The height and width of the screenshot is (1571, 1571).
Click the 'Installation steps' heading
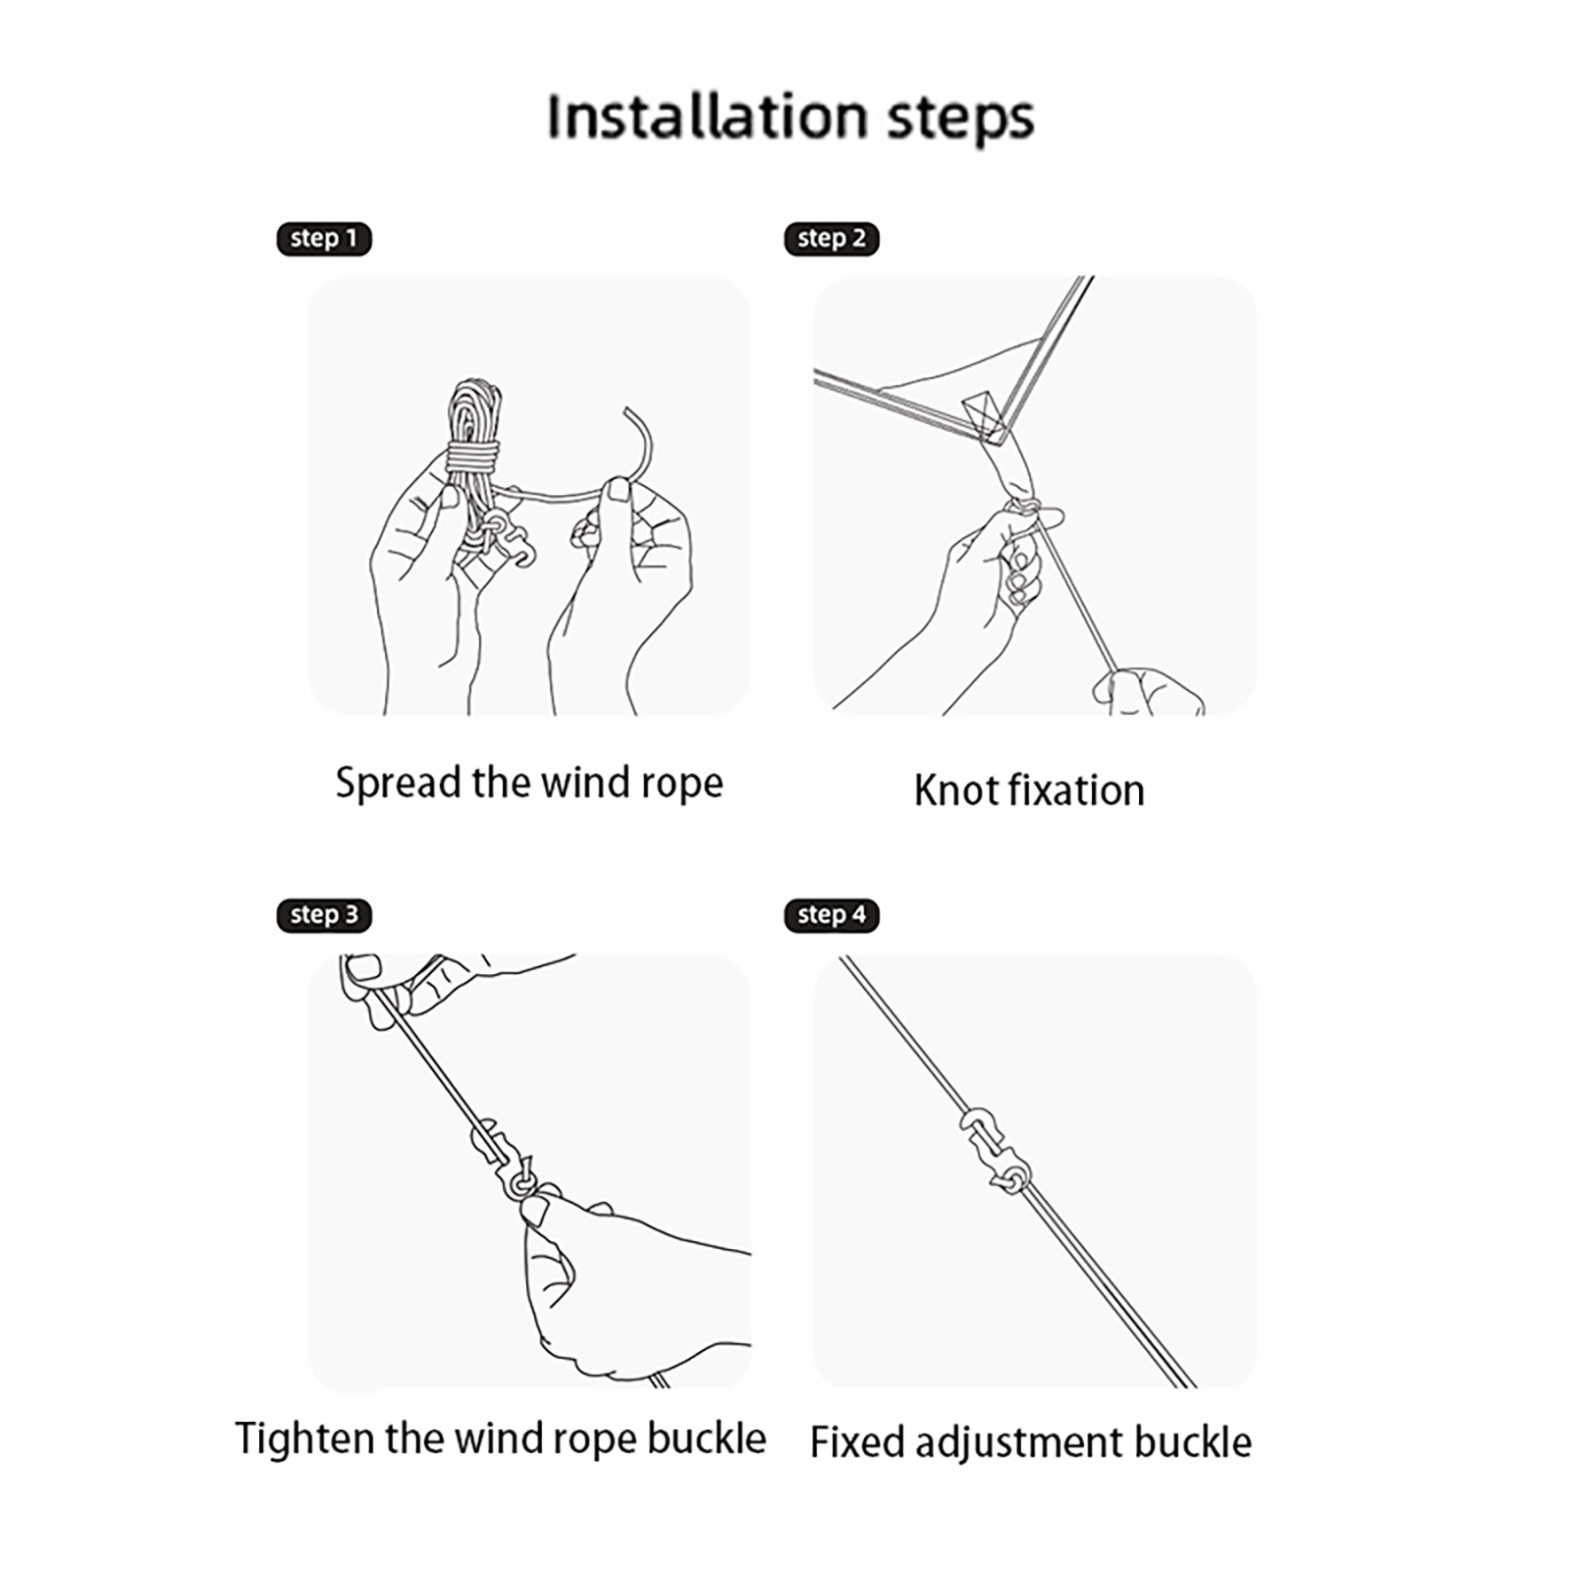[790, 118]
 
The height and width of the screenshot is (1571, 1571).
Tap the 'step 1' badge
[324, 239]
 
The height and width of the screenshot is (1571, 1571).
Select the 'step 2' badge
[832, 239]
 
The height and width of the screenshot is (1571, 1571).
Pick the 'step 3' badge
[324, 915]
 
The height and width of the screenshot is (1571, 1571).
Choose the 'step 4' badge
[832, 915]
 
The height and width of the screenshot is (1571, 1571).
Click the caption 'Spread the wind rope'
[529, 784]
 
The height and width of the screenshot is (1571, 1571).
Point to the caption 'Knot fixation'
[1029, 790]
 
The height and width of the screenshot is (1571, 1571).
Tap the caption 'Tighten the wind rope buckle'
[501, 1439]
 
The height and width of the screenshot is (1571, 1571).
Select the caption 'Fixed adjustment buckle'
[1031, 1442]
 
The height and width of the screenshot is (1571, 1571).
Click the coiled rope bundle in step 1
[474, 442]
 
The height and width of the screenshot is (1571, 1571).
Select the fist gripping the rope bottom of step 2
[1149, 691]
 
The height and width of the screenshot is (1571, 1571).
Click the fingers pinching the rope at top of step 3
[393, 987]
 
